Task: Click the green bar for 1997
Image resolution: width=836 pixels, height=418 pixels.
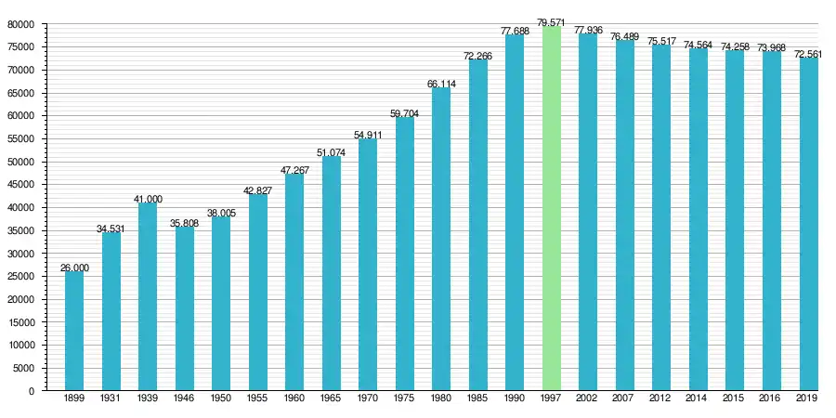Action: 552,209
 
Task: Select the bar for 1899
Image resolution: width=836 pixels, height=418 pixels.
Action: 74,331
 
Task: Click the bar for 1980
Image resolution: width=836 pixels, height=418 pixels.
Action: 441,240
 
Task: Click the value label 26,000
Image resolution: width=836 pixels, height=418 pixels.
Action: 74,268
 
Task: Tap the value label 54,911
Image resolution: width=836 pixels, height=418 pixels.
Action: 368,136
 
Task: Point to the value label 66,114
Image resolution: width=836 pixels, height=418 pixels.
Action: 441,84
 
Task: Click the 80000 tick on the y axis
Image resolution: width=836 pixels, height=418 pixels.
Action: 21,24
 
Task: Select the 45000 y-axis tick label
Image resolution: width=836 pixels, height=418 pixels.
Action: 21,185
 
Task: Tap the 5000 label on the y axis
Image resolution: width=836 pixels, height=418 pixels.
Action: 24,368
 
